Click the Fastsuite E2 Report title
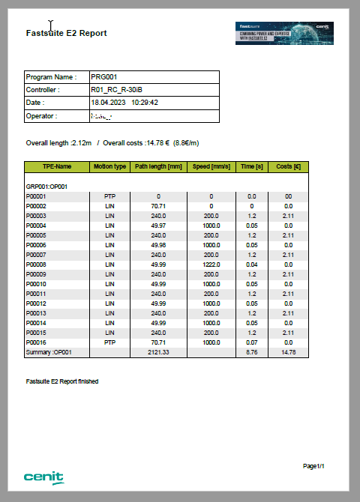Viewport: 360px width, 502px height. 66,33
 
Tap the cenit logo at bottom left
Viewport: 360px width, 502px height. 43,477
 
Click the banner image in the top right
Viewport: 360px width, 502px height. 284,33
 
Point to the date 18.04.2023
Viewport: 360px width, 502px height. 109,103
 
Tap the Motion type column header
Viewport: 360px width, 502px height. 109,166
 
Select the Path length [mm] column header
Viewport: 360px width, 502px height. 158,166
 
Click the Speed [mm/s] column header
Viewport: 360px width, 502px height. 211,166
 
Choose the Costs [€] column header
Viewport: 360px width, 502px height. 288,166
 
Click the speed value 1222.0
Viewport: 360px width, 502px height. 211,264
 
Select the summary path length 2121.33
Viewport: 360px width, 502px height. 158,352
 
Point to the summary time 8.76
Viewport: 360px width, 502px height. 251,352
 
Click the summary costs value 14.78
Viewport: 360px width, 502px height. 288,352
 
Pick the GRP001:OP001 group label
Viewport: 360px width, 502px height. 47,186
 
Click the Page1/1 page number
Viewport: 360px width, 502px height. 313,466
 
